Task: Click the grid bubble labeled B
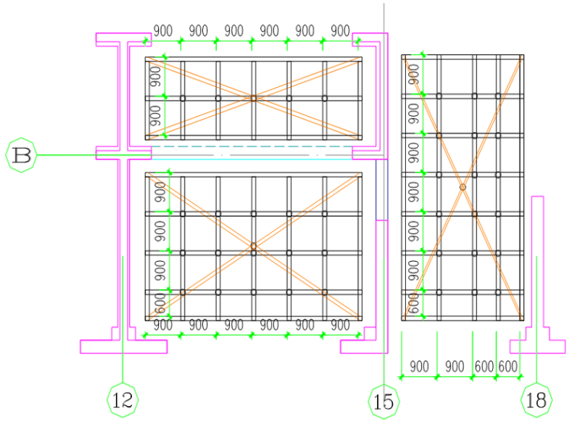22,155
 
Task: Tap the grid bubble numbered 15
383,400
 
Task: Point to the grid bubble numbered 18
536,399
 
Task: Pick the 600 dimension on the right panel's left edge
414,304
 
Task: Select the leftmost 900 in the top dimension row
163,31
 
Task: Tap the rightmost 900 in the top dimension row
340,31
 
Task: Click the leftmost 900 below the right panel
419,366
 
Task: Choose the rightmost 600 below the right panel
508,366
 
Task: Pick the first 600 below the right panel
485,366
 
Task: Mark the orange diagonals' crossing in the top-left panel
253,98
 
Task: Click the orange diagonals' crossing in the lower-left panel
253,246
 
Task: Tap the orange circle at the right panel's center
462,186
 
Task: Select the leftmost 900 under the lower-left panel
163,326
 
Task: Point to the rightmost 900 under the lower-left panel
340,326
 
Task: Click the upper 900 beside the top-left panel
155,76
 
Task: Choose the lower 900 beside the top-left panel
155,117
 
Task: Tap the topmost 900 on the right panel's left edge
414,74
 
